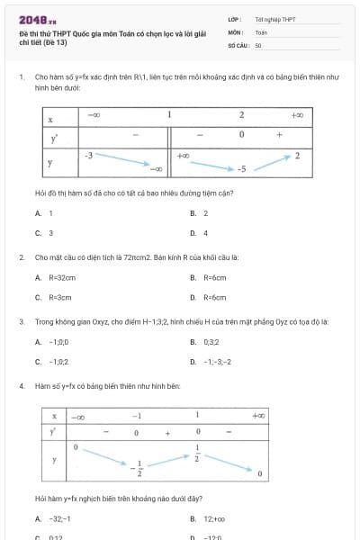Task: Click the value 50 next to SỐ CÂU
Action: (258, 44)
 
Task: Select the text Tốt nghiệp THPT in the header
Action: (274, 19)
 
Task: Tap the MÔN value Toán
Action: (261, 31)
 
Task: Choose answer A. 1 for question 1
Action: (45, 213)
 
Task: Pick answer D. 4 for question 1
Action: (200, 233)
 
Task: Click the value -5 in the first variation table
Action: (242, 169)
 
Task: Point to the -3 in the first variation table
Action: (88, 156)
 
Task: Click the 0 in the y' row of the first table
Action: (242, 135)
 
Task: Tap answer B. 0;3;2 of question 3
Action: (205, 342)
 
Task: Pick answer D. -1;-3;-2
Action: (211, 362)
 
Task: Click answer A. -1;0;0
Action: (52, 342)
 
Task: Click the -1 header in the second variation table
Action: (137, 416)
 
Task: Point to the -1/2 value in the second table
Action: (137, 469)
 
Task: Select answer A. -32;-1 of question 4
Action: (54, 519)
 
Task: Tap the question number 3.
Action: (21, 321)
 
